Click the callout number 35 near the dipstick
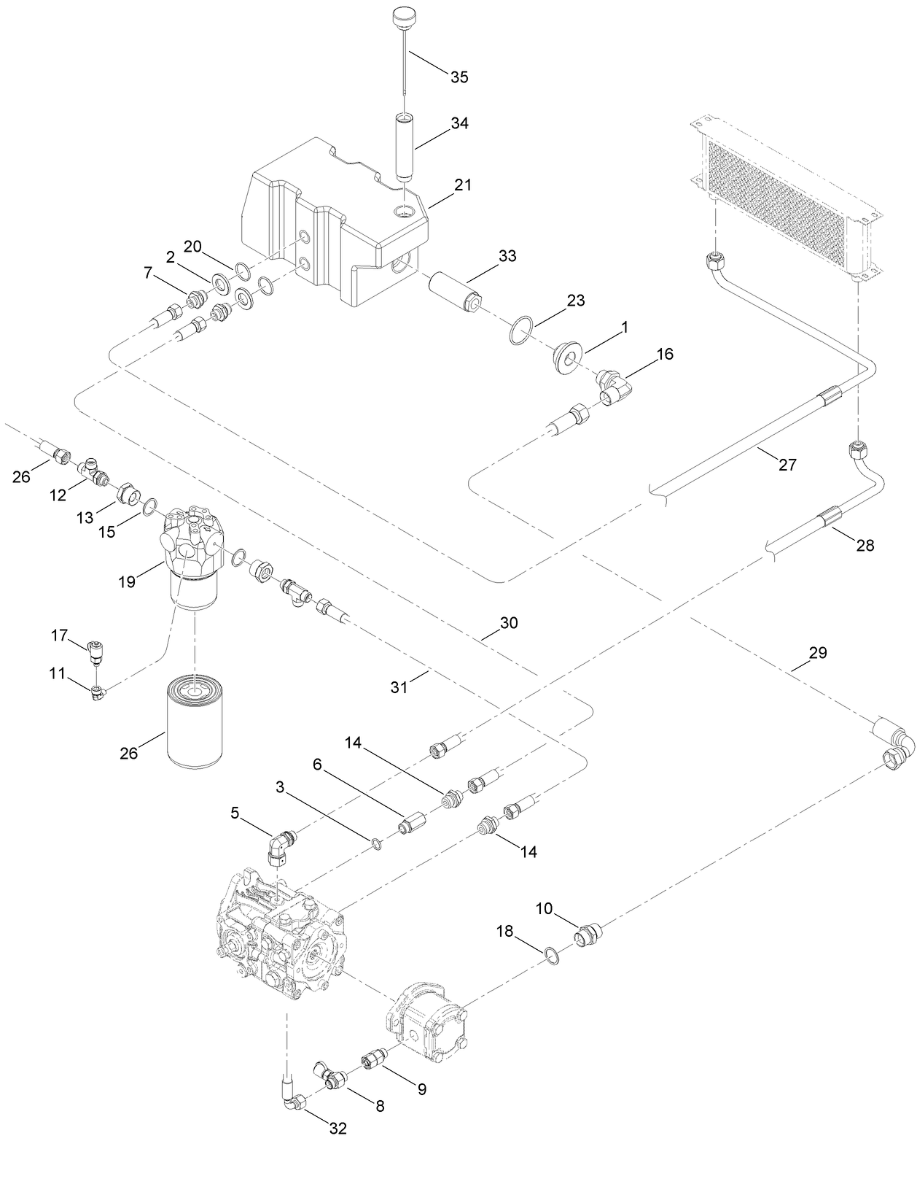[x=458, y=77]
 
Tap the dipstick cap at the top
[x=402, y=16]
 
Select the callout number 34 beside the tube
[x=458, y=123]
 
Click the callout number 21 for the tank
[x=463, y=185]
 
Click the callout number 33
[x=507, y=256]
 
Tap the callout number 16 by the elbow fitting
[x=664, y=355]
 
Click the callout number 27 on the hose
[x=787, y=464]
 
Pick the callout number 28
[x=865, y=545]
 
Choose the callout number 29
[x=818, y=653]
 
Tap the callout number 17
[x=59, y=635]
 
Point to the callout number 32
[x=337, y=1129]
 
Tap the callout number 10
[x=545, y=908]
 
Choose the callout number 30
[x=508, y=623]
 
